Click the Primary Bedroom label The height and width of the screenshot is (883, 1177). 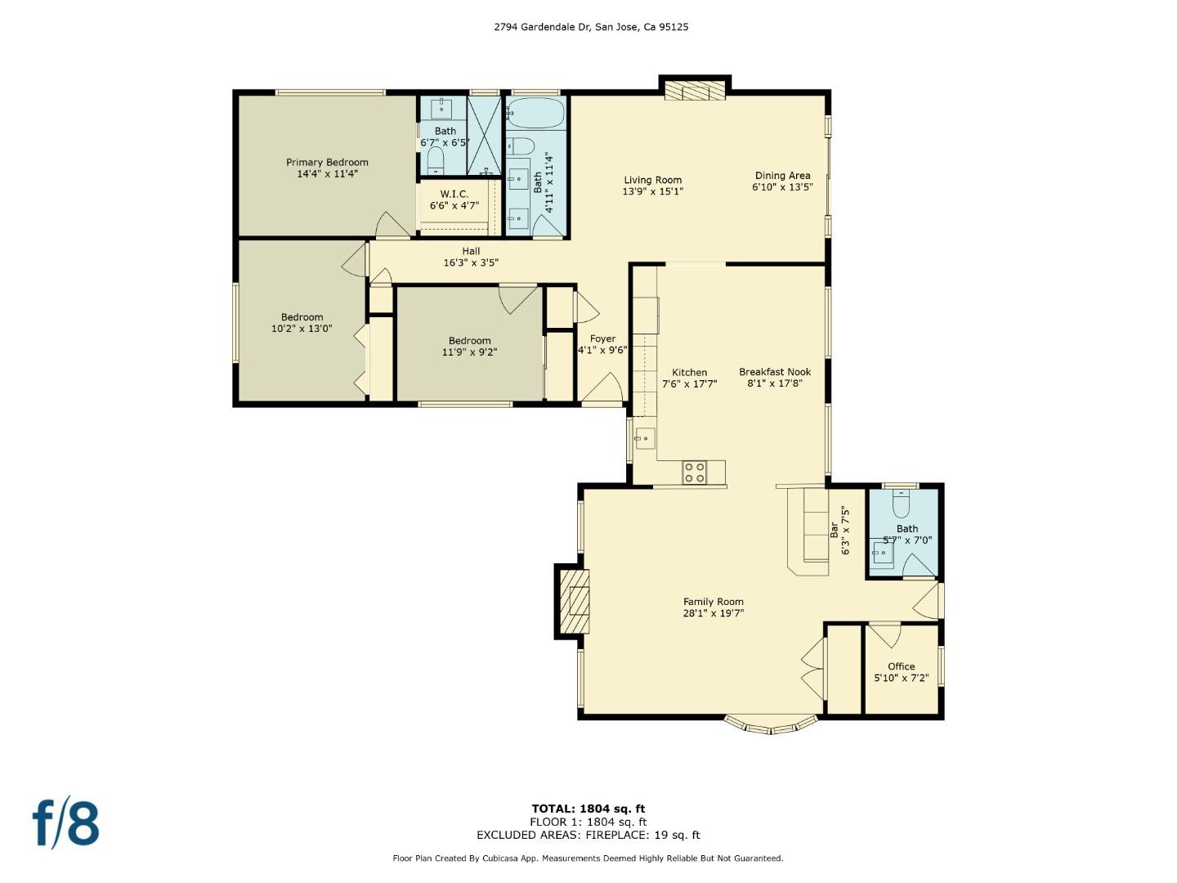(x=327, y=163)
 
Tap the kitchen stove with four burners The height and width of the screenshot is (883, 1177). (x=694, y=473)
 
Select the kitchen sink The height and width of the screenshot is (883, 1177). (x=645, y=439)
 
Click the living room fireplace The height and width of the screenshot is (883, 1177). (x=694, y=90)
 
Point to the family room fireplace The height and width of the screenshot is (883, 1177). (x=575, y=601)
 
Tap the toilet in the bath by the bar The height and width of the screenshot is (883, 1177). (x=902, y=504)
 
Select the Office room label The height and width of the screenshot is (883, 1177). (x=901, y=666)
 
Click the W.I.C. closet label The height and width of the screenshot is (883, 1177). (x=454, y=195)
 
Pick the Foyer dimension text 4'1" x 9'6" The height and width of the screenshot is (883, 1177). (x=602, y=350)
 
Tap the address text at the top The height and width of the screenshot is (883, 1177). (x=591, y=27)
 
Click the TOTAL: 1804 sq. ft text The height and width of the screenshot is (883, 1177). (x=588, y=809)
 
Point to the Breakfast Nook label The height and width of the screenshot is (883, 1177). (x=774, y=372)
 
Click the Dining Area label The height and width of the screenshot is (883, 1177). (x=782, y=176)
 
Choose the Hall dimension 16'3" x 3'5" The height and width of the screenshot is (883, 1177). (x=471, y=263)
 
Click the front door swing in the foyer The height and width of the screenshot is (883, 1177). (x=606, y=390)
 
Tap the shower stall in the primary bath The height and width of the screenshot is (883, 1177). (x=484, y=136)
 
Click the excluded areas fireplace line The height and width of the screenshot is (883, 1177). (x=588, y=835)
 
